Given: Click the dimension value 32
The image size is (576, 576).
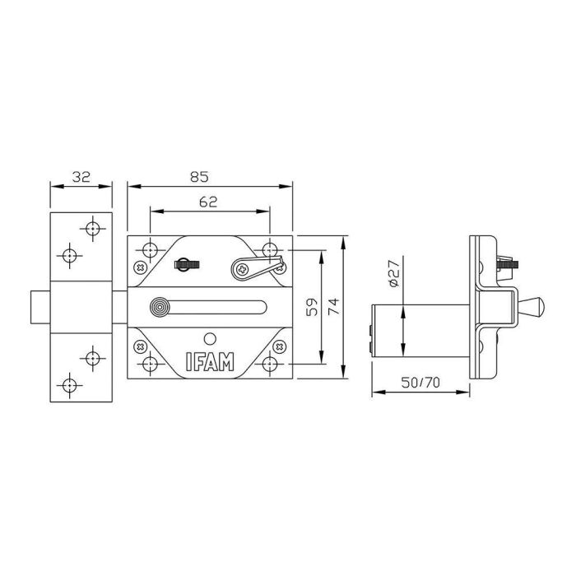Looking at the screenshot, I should [x=81, y=176].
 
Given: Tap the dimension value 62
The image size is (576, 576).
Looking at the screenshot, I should [x=208, y=202].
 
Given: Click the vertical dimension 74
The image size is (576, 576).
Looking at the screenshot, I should [x=333, y=307].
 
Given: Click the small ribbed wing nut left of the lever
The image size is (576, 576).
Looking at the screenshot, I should [x=187, y=265].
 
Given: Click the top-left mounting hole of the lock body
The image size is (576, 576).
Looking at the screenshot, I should [x=151, y=249].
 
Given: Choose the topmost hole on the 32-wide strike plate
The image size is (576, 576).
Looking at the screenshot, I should [x=92, y=227].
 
